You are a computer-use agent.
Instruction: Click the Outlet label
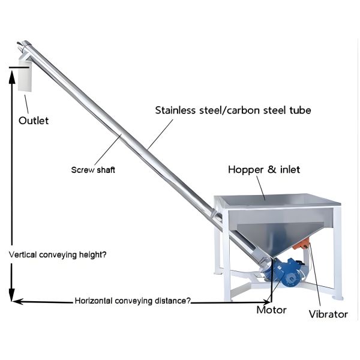point(34,121)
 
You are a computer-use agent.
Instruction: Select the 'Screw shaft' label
point(93,170)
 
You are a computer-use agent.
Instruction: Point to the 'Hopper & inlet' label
point(264,170)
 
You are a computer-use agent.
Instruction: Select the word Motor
point(271,310)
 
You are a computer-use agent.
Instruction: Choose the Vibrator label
point(328,314)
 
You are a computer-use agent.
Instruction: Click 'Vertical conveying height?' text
point(58,254)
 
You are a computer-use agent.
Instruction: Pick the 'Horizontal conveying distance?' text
point(133,301)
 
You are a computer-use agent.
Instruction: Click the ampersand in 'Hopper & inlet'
point(271,170)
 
